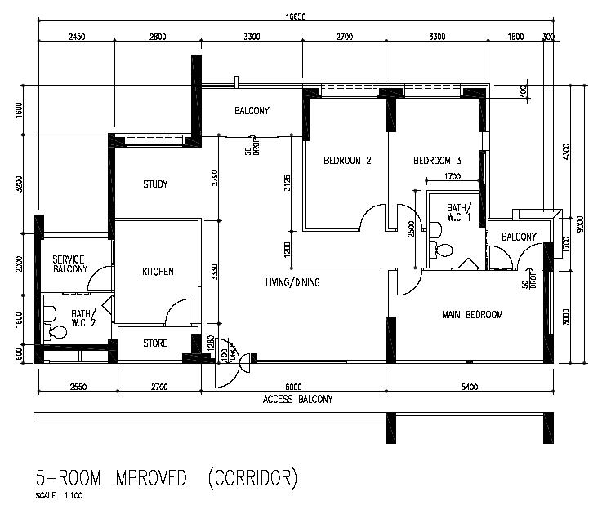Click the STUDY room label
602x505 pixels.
pos(154,184)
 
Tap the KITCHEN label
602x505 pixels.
pos(158,272)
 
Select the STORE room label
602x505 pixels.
pos(155,343)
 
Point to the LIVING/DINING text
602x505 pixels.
pos(292,283)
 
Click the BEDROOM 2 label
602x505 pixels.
pos(347,161)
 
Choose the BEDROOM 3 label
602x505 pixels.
pos(437,161)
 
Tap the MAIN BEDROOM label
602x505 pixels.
pos(471,315)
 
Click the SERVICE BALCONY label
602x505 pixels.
pos(70,264)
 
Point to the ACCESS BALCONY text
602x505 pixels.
pos(297,399)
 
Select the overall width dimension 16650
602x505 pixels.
pos(297,16)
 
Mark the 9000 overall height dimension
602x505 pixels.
pos(579,222)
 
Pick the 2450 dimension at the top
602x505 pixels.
pos(77,37)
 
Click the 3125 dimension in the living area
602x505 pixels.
pos(287,183)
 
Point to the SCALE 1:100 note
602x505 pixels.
pos(59,495)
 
